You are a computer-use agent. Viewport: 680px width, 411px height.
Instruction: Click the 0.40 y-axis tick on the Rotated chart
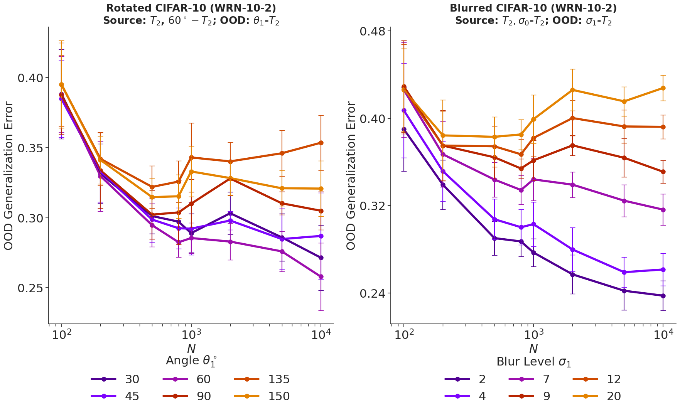(x=30, y=78)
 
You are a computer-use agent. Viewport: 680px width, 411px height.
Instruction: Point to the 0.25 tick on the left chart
(x=30, y=288)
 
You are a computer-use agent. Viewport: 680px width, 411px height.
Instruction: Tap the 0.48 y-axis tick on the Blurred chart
(x=372, y=31)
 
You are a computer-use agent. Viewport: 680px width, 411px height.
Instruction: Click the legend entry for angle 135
(x=262, y=379)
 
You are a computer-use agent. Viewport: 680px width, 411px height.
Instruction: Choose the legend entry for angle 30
(x=115, y=379)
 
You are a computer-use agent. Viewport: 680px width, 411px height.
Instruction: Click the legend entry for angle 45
(x=115, y=396)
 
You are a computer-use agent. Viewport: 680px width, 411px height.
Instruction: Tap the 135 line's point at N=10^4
(x=321, y=143)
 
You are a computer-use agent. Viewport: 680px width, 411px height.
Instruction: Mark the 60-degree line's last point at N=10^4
(x=321, y=276)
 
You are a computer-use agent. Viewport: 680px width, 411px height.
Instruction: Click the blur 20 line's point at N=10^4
(x=663, y=88)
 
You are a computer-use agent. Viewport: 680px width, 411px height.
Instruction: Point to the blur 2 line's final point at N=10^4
(x=663, y=296)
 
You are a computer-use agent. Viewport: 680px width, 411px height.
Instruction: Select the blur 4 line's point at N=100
(x=404, y=110)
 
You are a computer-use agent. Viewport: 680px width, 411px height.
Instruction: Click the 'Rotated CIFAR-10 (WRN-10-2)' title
(x=191, y=8)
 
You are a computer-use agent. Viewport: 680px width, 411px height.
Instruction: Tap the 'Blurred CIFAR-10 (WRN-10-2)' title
(x=533, y=8)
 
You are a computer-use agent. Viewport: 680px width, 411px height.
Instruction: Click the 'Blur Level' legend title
(x=533, y=362)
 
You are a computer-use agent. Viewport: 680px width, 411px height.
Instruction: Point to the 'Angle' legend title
(x=191, y=361)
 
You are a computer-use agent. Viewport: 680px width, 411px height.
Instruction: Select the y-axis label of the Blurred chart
(x=351, y=175)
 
